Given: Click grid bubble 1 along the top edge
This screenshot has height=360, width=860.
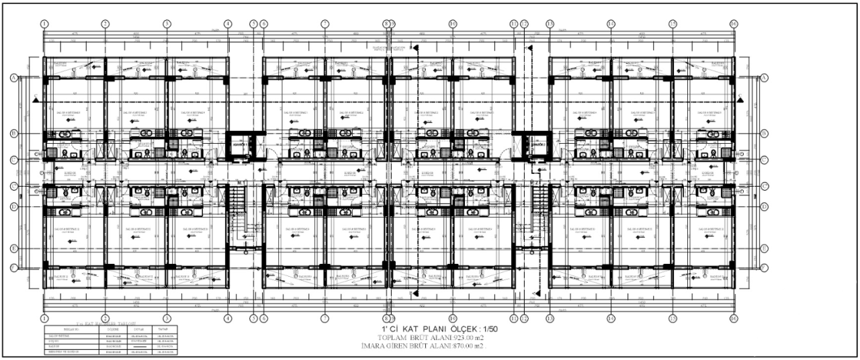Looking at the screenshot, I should (44, 24).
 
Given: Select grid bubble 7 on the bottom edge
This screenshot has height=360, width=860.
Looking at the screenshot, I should (325, 318).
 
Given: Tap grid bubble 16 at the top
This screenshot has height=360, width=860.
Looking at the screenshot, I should (733, 24).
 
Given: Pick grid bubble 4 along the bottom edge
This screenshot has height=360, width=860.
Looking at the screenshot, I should (228, 318).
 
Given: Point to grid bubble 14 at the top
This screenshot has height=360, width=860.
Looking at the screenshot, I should (611, 24).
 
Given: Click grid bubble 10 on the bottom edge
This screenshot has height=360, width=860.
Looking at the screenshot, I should (453, 318).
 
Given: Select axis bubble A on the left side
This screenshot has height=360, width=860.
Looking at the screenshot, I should (13, 78).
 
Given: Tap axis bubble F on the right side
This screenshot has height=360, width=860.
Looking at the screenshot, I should (765, 267).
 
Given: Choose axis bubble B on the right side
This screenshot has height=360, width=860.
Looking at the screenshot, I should (765, 134).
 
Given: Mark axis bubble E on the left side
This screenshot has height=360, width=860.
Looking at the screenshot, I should (13, 248).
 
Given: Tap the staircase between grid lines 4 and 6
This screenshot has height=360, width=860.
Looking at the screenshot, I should (239, 215).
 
